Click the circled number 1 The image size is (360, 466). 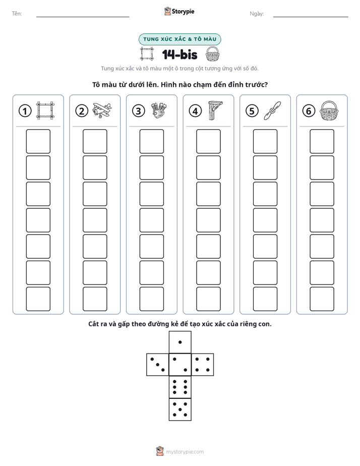click(25, 111)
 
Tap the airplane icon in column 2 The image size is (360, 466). click(101, 110)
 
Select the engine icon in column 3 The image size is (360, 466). click(159, 110)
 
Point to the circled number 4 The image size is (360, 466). click(195, 111)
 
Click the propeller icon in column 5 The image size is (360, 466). click(272, 110)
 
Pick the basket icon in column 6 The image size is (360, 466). click(329, 110)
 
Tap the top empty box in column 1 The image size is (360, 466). click(38, 141)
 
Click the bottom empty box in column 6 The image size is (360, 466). click(322, 299)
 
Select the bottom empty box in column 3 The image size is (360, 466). click(151, 299)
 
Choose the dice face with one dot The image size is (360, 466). click(180, 342)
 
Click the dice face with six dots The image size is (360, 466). click(180, 387)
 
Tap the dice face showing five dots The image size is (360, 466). click(180, 409)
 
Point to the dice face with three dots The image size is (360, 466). click(158, 364)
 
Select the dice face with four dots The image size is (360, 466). click(202, 364)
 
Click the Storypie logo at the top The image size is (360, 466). click(179, 11)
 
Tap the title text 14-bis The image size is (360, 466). click(179, 54)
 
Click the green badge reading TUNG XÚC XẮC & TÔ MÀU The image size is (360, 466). click(179, 39)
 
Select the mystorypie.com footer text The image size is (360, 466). click(185, 452)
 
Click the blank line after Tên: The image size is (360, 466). click(83, 17)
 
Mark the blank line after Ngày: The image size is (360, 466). click(311, 17)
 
